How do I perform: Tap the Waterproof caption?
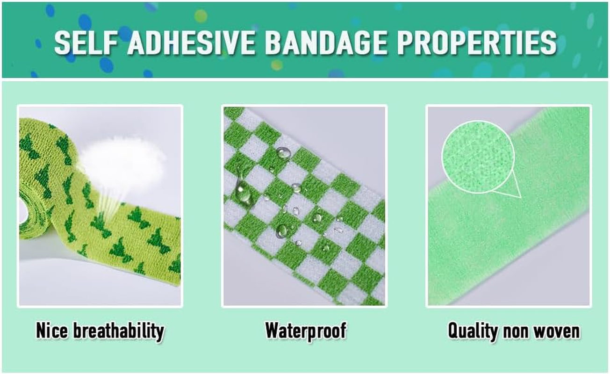tap(305, 331)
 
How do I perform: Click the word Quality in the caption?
tap(473, 331)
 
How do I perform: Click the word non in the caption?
tap(516, 331)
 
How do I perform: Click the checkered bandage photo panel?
tap(304, 206)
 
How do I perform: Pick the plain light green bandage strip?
tap(524, 234)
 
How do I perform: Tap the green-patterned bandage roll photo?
tap(100, 206)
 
